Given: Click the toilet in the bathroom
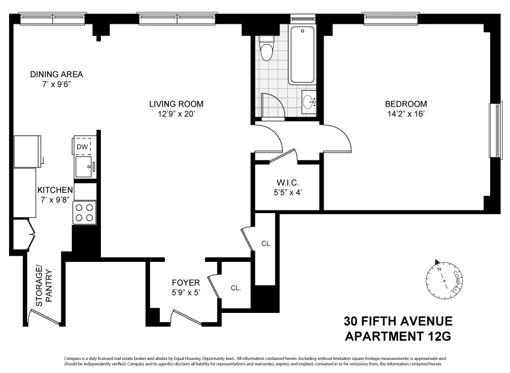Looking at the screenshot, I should pyautogui.click(x=266, y=48).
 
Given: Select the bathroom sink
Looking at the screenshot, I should pyautogui.click(x=309, y=103).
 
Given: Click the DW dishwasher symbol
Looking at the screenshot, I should pyautogui.click(x=83, y=147).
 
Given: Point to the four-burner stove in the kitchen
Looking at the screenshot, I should pyautogui.click(x=84, y=213).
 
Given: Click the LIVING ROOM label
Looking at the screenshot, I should pyautogui.click(x=176, y=104).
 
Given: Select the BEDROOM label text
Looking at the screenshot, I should pyautogui.click(x=406, y=104).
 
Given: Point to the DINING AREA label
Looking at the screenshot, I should pyautogui.click(x=57, y=74).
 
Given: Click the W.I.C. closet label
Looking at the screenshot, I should pyautogui.click(x=286, y=183).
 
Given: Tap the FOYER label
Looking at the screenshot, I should pyautogui.click(x=186, y=282).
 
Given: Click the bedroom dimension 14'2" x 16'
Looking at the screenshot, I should pyautogui.click(x=406, y=113).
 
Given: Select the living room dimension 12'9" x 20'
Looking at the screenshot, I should pyautogui.click(x=176, y=113).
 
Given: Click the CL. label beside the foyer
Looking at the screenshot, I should pyautogui.click(x=236, y=288).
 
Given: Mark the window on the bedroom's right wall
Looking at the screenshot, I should pyautogui.click(x=496, y=130).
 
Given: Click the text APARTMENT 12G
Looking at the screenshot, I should pyautogui.click(x=398, y=337).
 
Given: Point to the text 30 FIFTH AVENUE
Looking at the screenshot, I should pyautogui.click(x=398, y=321).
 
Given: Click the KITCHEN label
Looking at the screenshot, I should pyautogui.click(x=55, y=190).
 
